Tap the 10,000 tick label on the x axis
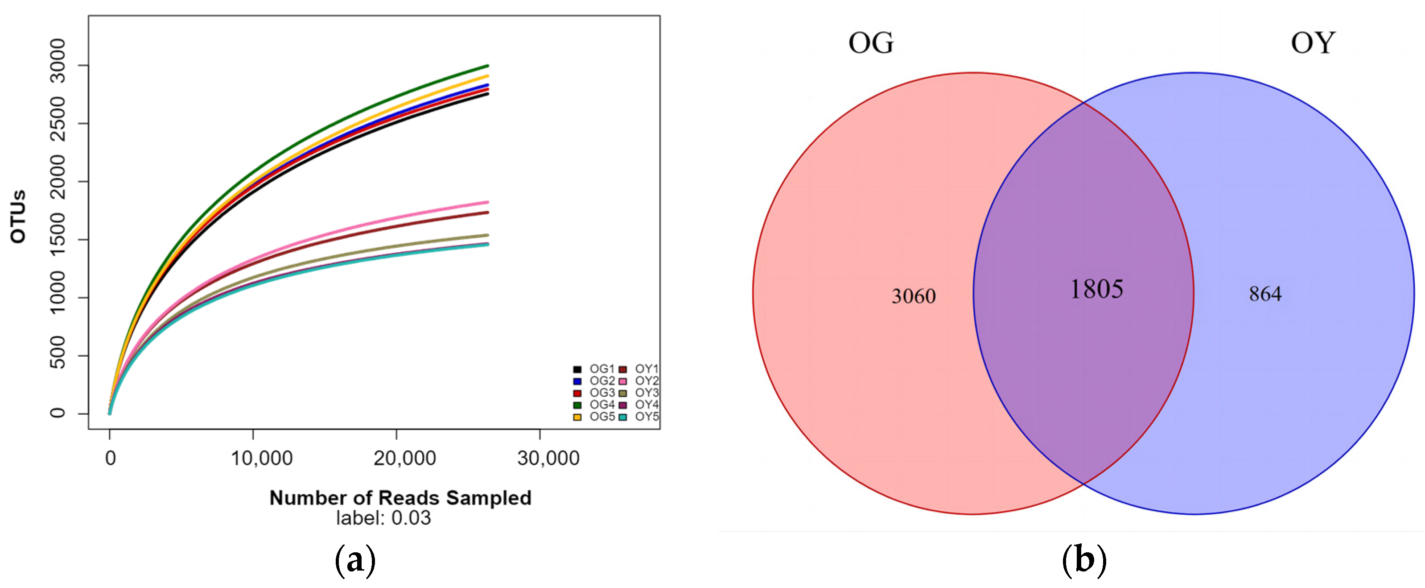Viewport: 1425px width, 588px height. [262, 459]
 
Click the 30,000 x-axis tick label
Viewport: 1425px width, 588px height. [548, 459]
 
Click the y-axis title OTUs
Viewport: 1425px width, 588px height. [18, 217]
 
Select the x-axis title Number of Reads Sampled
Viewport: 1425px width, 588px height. [400, 498]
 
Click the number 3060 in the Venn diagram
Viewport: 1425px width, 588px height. [913, 296]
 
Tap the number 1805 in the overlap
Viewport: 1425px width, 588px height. [1096, 289]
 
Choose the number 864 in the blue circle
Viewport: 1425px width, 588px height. [1264, 294]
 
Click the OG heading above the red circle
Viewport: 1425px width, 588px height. [871, 42]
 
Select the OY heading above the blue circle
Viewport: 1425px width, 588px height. [1313, 42]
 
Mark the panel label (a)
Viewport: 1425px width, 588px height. [355, 560]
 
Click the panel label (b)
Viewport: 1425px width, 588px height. [1084, 560]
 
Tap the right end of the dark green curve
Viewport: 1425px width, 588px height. [487, 66]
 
